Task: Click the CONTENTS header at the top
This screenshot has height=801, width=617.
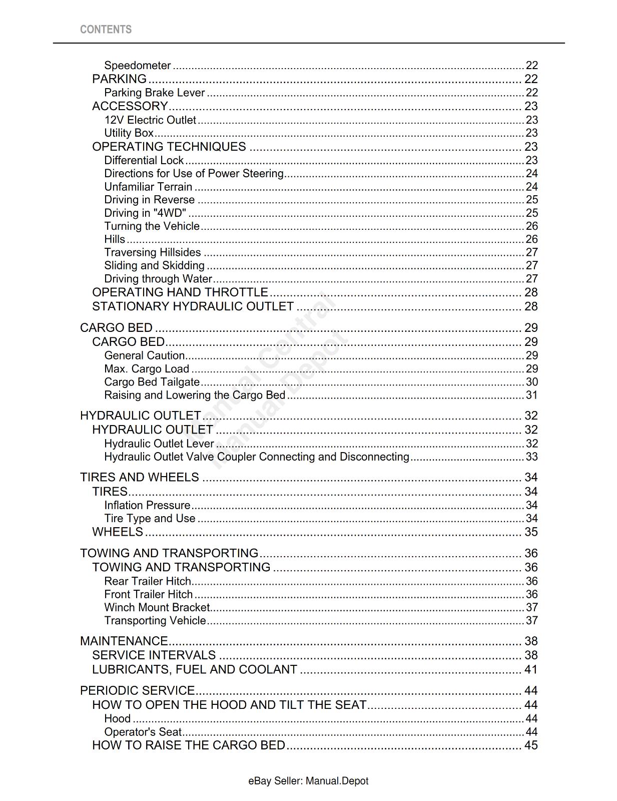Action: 106,30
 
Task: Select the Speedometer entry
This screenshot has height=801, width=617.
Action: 138,66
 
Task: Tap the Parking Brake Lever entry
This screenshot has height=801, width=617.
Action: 154,93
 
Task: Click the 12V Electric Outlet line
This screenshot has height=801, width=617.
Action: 150,120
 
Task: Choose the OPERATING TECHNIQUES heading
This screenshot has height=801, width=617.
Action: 169,147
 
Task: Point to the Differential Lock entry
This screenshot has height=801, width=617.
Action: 144,160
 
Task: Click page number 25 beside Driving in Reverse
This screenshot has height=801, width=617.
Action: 531,200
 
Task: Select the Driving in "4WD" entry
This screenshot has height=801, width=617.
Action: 145,213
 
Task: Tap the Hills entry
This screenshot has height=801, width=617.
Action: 115,239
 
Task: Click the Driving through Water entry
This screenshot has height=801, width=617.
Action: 158,279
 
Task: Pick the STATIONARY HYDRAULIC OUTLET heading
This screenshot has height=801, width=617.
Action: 193,306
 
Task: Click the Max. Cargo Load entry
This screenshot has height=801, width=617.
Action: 147,369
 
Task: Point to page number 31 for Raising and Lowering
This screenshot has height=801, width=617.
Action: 531,395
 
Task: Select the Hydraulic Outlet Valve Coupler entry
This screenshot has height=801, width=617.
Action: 257,457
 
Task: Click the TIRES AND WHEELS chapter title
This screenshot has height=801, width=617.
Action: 140,477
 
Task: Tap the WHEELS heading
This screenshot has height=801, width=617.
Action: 118,532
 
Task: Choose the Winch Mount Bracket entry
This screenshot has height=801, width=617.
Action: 157,607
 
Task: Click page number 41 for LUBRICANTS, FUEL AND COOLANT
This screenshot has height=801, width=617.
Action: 530,669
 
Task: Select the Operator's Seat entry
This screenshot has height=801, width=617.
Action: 143,732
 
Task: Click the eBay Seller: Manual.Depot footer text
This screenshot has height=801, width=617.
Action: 308,781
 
